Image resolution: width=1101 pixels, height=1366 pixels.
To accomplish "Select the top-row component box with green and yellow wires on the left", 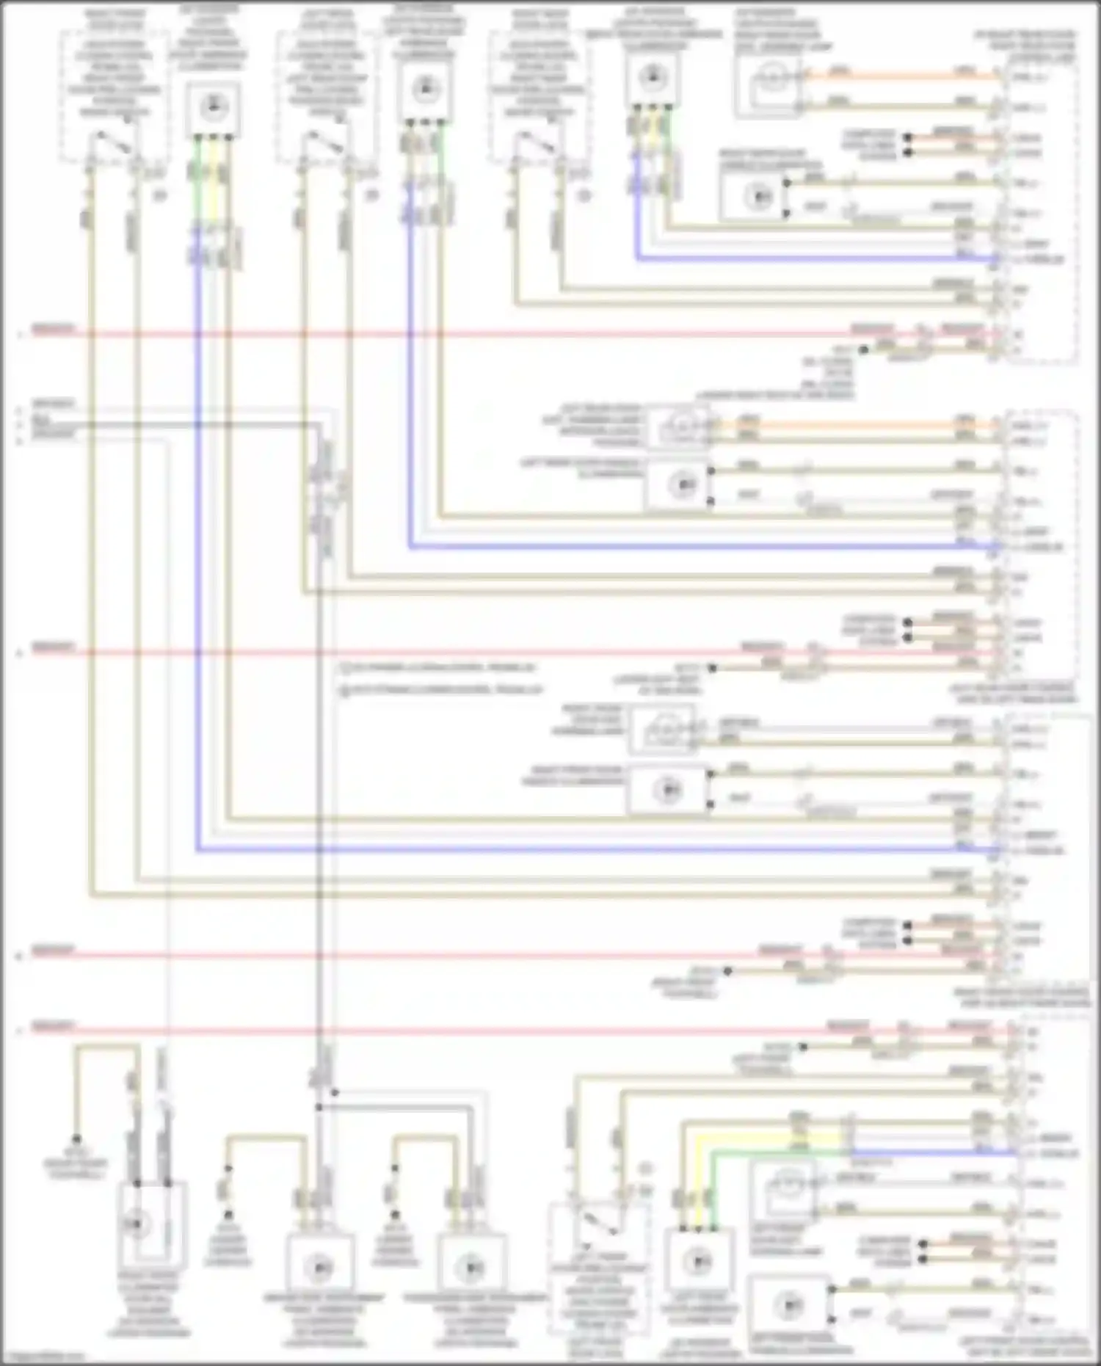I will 211,109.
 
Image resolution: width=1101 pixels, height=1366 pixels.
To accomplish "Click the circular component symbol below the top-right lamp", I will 757,197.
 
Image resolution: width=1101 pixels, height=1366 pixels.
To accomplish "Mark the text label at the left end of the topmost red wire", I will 51,330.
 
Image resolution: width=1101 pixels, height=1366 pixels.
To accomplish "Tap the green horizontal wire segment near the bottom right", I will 778,1153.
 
